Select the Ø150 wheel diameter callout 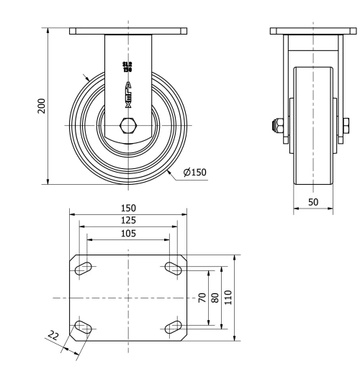(x=194, y=173)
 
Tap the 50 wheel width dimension (x=313, y=202)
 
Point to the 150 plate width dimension (x=128, y=208)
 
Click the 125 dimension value (x=128, y=220)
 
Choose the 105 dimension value (x=128, y=233)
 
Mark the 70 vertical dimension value (x=203, y=297)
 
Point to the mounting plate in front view (x=129, y=31)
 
